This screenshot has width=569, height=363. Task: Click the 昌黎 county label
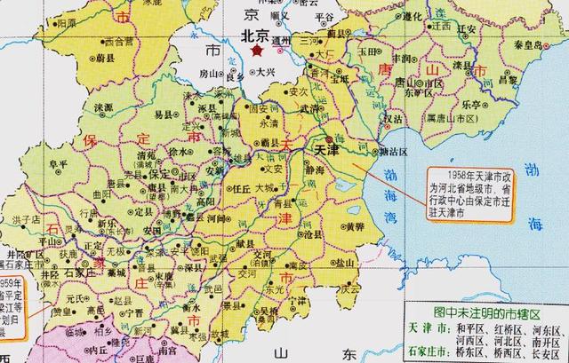pyautogui.click(x=508, y=79)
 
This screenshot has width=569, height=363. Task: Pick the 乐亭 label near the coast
pyautogui.click(x=472, y=105)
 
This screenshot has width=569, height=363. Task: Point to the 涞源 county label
pyautogui.click(x=105, y=107)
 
